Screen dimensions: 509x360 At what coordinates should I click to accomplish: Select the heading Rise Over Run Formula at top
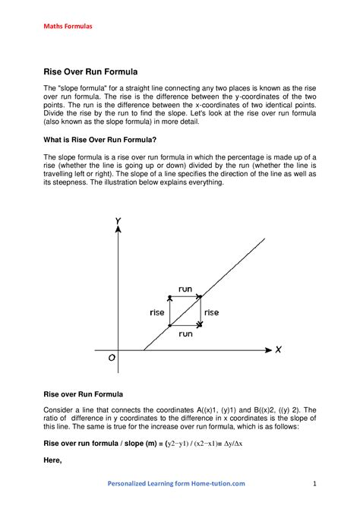coord(90,72)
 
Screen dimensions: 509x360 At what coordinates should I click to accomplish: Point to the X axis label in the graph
coord(279,350)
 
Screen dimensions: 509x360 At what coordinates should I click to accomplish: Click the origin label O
coord(112,360)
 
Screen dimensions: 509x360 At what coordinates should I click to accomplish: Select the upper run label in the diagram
coord(185,289)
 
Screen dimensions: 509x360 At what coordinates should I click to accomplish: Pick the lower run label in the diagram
coord(185,333)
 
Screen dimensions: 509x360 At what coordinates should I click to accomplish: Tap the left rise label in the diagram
coord(157,312)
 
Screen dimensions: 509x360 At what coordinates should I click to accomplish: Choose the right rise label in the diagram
coord(211,312)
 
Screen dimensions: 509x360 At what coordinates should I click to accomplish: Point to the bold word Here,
coord(52,461)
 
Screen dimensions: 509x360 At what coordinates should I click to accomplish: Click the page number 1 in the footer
coord(313,483)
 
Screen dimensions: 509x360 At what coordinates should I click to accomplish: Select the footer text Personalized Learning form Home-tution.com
coord(176,483)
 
